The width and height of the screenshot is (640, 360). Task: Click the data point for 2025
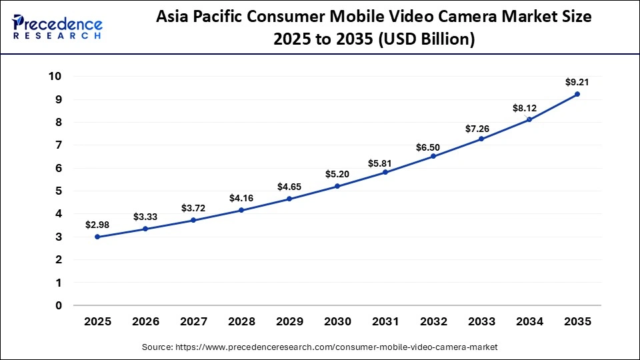click(97, 237)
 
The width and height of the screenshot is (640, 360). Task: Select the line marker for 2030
click(337, 186)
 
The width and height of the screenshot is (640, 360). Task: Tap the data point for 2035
click(577, 94)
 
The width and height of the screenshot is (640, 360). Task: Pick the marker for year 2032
click(433, 156)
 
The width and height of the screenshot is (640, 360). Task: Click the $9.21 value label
click(577, 82)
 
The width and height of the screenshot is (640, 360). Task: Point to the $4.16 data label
click(241, 198)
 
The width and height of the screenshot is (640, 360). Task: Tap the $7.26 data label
click(481, 127)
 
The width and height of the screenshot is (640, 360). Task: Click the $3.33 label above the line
click(145, 217)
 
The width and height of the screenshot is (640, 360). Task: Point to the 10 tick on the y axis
click(55, 76)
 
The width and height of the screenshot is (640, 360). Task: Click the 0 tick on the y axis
click(59, 305)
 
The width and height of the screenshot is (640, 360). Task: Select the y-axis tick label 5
click(59, 191)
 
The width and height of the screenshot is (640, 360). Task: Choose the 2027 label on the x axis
click(193, 322)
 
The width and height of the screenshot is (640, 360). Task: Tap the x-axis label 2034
click(529, 322)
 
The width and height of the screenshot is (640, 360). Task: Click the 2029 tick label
click(289, 322)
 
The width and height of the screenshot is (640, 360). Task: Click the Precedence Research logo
click(57, 27)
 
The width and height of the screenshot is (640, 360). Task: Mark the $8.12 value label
click(529, 107)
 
